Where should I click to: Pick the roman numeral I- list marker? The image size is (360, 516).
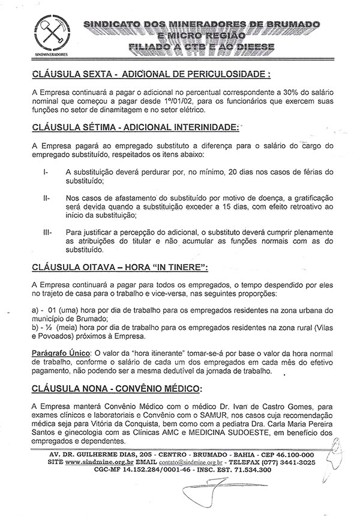click(47, 172)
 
